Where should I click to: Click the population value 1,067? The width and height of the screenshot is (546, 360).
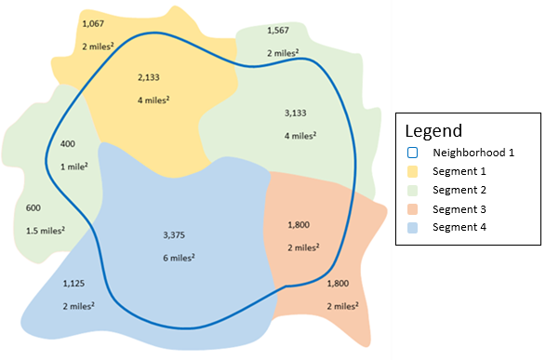coord(94,22)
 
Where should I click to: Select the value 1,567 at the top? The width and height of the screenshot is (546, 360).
coord(278,31)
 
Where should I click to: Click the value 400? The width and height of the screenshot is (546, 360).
coord(67,144)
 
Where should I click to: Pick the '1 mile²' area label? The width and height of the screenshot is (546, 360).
coord(74,167)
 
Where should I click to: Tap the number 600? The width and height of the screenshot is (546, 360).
coord(33,207)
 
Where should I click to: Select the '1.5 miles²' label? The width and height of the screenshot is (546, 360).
coord(44,231)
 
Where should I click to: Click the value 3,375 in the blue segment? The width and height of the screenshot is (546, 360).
coord(175,233)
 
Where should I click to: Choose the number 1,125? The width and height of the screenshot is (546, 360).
coord(73,283)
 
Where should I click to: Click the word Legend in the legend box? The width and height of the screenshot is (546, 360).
coord(435,131)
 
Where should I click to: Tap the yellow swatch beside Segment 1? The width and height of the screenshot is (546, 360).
coord(414,171)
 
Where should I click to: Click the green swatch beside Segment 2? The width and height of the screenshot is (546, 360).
coord(414,190)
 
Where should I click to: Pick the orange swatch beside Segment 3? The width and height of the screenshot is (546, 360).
coord(414,208)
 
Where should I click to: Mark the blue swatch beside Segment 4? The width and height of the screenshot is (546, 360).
coord(414,227)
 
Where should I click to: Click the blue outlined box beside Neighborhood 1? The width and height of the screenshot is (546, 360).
coord(414,153)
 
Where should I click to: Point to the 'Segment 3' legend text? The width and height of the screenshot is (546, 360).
coord(457,208)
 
